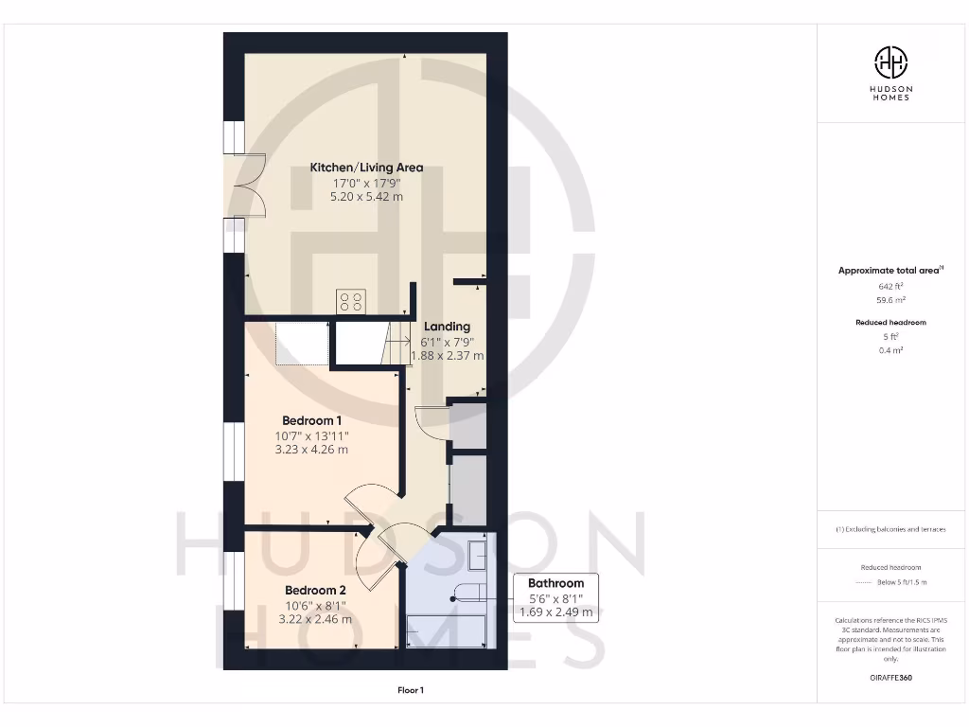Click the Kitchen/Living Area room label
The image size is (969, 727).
(366, 168)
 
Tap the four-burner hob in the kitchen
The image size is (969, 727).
(351, 301)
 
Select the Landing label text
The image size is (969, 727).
(447, 327)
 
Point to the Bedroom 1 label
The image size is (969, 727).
(311, 420)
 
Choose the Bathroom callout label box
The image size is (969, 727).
(555, 597)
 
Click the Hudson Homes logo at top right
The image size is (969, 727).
(890, 72)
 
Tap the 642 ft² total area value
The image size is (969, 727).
(890, 285)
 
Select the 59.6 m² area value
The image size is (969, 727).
(890, 299)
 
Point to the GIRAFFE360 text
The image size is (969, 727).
(890, 678)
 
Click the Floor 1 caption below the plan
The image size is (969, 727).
(411, 691)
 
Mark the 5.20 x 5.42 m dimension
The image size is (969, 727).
(366, 197)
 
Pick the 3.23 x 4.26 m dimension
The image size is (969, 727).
(311, 450)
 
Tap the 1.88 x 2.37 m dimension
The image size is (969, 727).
(447, 356)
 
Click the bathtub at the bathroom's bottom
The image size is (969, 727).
(446, 630)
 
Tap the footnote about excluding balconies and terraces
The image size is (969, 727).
(890, 529)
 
